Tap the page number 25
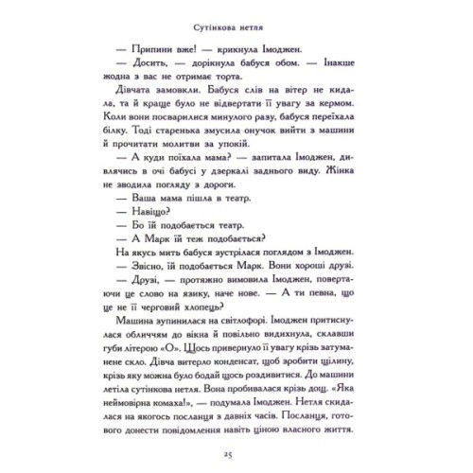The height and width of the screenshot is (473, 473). (236, 447)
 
